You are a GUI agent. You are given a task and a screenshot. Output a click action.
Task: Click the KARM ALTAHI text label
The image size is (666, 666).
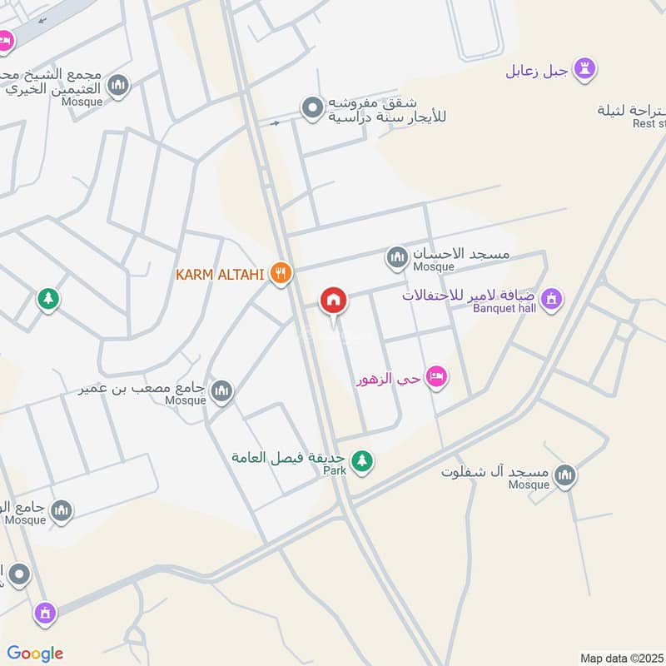click(x=220, y=274)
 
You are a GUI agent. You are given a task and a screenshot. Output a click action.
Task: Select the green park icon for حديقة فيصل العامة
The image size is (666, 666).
click(x=361, y=460)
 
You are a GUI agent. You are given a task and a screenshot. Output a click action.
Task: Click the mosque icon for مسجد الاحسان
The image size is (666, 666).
click(x=397, y=257)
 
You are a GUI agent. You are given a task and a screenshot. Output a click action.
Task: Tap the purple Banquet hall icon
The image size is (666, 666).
click(x=550, y=298)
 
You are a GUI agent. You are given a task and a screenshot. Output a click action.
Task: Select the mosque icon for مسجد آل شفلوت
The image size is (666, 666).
click(x=565, y=475)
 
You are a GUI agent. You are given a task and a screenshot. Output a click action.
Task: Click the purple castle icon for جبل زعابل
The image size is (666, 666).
click(x=588, y=69)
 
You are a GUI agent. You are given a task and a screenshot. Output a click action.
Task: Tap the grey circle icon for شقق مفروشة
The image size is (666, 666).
click(x=312, y=108)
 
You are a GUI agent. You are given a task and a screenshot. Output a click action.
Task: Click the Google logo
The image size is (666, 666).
click(x=35, y=654)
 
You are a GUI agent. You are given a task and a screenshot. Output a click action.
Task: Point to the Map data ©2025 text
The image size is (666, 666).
click(x=622, y=658)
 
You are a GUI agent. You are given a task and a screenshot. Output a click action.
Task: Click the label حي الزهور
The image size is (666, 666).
click(x=388, y=380)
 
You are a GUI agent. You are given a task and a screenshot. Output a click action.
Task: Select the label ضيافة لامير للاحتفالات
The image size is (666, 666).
click(x=470, y=296)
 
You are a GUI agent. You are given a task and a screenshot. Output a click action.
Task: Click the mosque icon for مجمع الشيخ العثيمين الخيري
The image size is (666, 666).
click(x=119, y=86)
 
